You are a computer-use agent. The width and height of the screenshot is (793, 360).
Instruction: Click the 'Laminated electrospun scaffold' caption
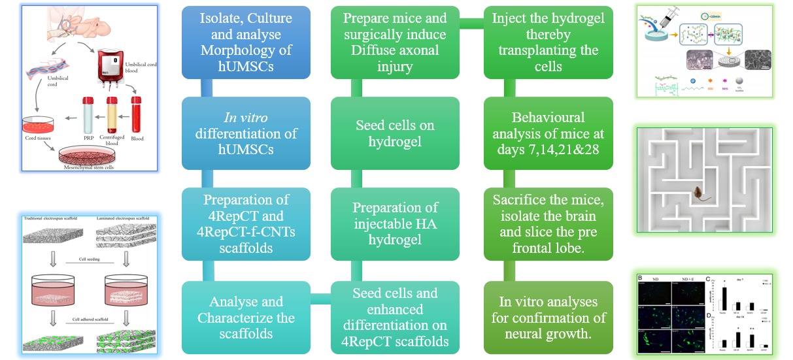[125, 218]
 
